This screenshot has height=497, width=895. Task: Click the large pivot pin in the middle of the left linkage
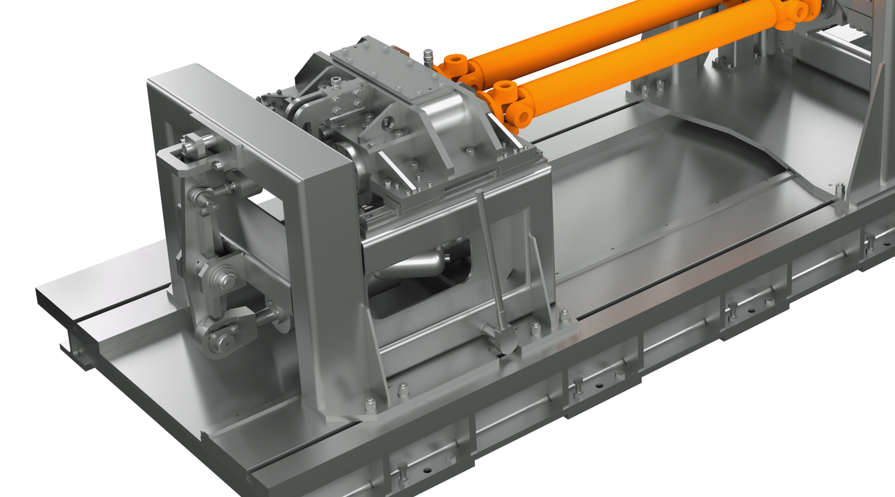221,276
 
